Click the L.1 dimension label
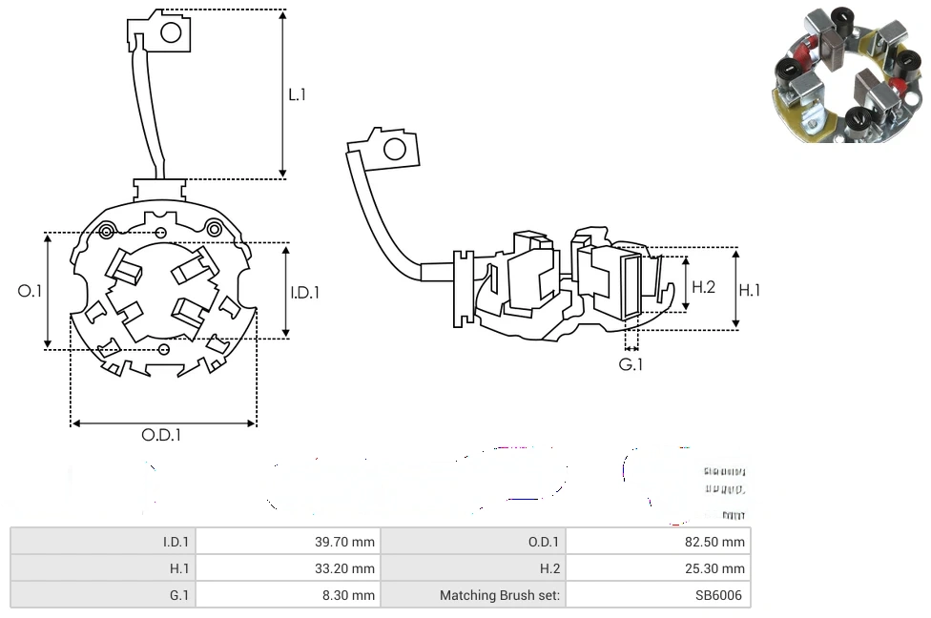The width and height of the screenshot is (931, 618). point(298,94)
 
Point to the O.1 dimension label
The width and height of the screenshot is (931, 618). point(31,291)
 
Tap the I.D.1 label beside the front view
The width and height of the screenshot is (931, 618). point(304,293)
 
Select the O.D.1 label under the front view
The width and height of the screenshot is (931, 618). point(161,435)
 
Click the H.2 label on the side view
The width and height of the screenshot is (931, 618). point(703,286)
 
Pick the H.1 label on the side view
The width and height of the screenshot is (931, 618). point(750,290)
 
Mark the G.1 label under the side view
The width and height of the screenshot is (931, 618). point(631,364)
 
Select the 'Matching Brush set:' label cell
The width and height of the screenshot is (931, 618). point(473,595)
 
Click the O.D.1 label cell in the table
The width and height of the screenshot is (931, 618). point(473,542)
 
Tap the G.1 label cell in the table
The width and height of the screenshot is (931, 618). point(102,595)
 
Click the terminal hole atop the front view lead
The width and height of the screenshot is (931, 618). point(171,33)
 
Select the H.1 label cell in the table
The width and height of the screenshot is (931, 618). point(102,568)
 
